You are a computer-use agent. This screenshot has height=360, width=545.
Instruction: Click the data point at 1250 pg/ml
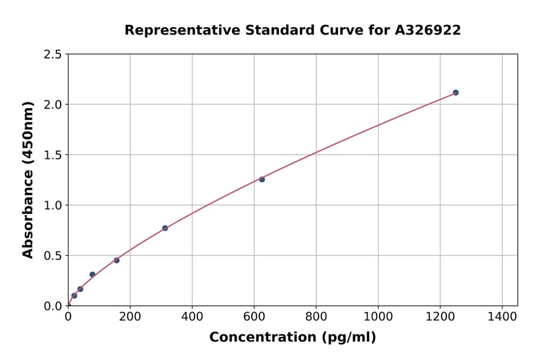[x=455, y=93]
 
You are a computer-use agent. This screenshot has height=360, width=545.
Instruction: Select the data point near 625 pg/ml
[x=262, y=179]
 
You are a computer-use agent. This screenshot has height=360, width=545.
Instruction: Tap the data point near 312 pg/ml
[x=165, y=228]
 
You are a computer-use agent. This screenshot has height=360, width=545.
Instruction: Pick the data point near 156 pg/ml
[x=116, y=260]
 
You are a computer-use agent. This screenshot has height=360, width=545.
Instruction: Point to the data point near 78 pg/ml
[x=92, y=275]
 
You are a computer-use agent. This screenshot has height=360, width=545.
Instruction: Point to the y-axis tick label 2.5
[x=53, y=55]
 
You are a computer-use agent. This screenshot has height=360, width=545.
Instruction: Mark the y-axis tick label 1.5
[x=53, y=155]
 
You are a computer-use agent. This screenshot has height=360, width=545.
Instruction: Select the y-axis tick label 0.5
[x=53, y=256]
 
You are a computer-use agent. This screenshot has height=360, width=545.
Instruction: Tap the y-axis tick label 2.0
[x=53, y=105]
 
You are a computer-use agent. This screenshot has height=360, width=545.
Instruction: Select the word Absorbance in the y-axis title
[x=28, y=215]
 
